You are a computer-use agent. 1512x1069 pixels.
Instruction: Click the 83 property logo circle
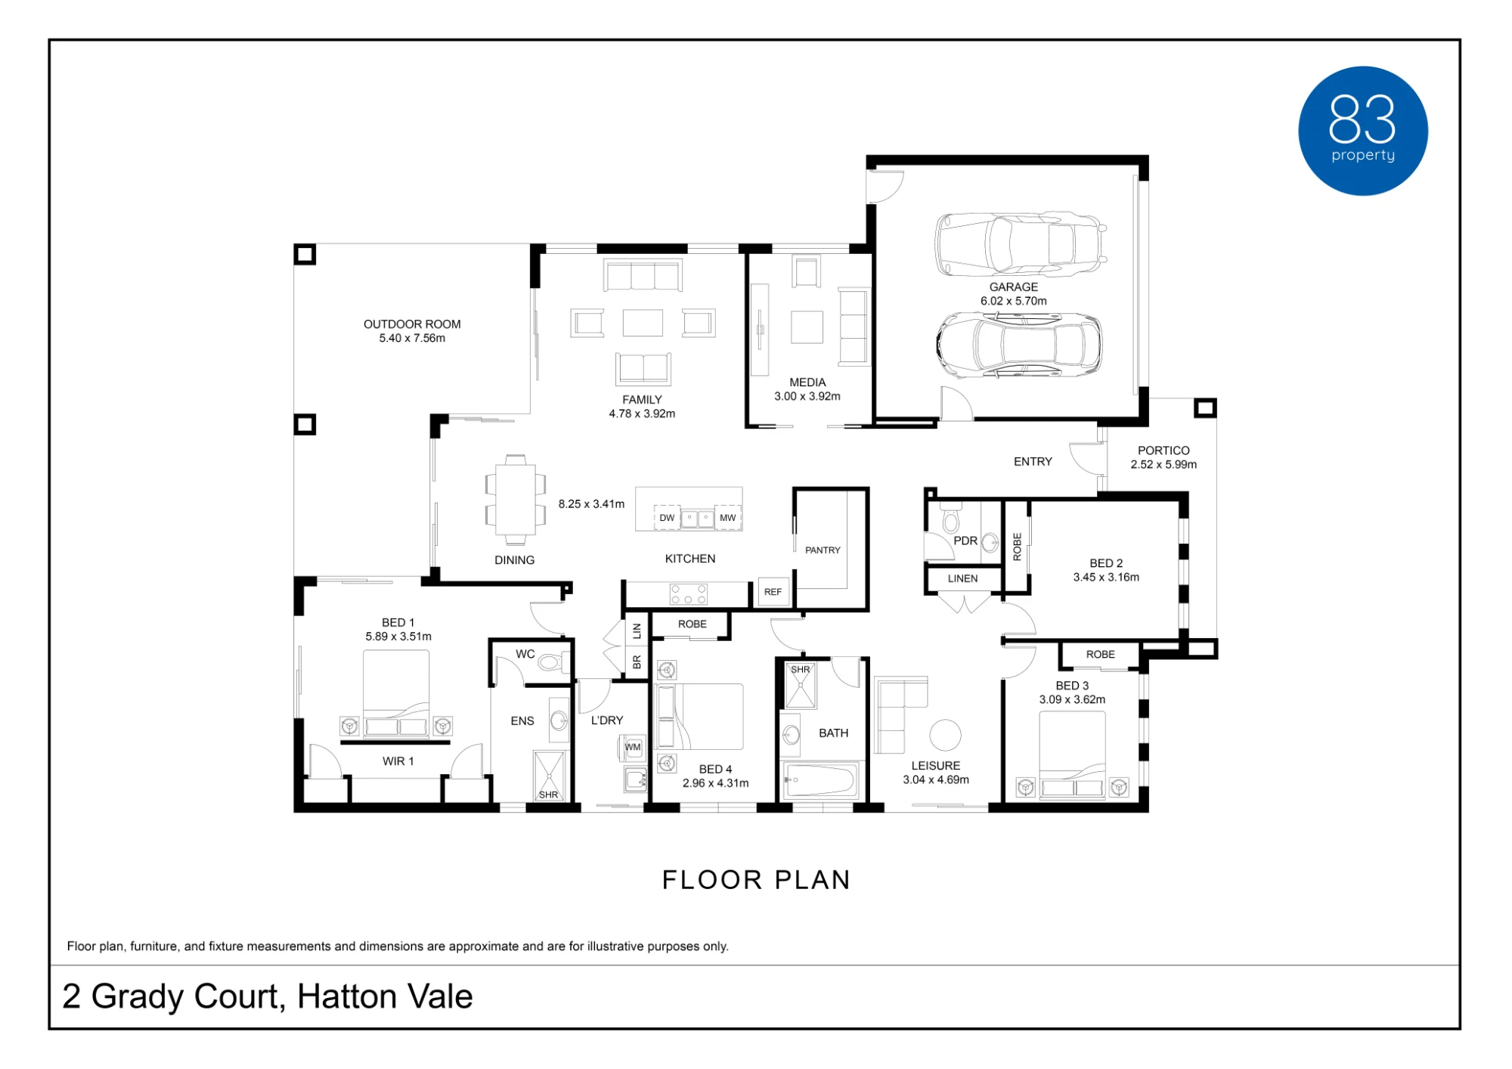coord(1362,131)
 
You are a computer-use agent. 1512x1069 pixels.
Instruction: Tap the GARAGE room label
coord(1013,287)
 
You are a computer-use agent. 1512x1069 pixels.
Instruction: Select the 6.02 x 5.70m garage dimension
coord(1013,301)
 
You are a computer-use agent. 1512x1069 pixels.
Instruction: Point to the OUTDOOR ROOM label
coord(412,324)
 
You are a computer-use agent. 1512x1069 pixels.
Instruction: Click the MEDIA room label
coord(807,383)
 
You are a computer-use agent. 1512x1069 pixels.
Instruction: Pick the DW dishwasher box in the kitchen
coord(667,518)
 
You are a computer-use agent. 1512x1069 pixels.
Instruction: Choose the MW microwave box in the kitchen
coord(727,518)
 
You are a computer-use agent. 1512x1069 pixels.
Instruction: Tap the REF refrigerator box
coord(773,592)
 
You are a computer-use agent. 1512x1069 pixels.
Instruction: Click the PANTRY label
coord(823,550)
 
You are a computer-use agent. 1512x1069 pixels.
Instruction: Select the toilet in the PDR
coord(950,520)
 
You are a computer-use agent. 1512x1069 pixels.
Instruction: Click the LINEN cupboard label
coord(962,578)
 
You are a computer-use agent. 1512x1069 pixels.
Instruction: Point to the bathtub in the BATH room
coord(820,779)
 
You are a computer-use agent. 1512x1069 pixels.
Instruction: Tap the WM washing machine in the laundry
coord(633,748)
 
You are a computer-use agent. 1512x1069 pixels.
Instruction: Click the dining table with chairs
coord(516,500)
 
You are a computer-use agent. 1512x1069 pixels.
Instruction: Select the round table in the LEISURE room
coord(945,734)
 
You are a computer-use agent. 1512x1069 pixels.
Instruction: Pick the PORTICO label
coord(1163,451)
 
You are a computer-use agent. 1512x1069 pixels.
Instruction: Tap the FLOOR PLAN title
coord(756,880)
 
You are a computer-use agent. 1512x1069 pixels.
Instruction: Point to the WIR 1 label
coord(398,761)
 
